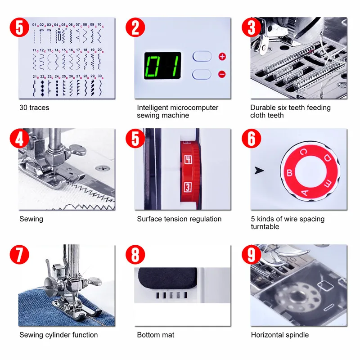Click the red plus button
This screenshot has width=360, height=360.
222,57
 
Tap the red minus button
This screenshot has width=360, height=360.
222,74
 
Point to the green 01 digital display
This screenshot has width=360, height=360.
162,66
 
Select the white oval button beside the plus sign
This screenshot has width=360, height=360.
202,56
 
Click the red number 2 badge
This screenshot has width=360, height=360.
135,28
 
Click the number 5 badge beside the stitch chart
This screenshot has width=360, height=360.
19,28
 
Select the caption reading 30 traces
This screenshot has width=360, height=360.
34,108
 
